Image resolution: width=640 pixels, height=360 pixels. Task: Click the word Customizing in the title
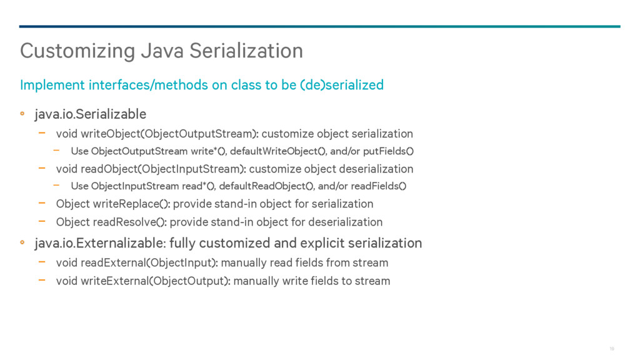pyautogui.click(x=77, y=51)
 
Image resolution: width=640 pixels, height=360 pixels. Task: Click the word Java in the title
pyautogui.click(x=162, y=51)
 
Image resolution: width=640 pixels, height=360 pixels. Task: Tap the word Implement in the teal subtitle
pyautogui.click(x=52, y=85)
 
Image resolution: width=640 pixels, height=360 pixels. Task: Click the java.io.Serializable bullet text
pyautogui.click(x=90, y=114)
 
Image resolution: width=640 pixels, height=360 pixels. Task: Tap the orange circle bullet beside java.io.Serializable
pyautogui.click(x=22, y=114)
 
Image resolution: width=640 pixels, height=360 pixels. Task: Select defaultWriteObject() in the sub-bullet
pyautogui.click(x=277, y=151)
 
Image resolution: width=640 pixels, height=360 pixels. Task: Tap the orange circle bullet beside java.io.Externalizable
pyautogui.click(x=22, y=242)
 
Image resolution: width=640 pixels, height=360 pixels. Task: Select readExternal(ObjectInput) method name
pyautogui.click(x=149, y=263)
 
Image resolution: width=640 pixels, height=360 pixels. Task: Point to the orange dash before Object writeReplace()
pyautogui.click(x=42, y=203)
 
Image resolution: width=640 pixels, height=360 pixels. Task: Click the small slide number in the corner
pyautogui.click(x=612, y=349)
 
